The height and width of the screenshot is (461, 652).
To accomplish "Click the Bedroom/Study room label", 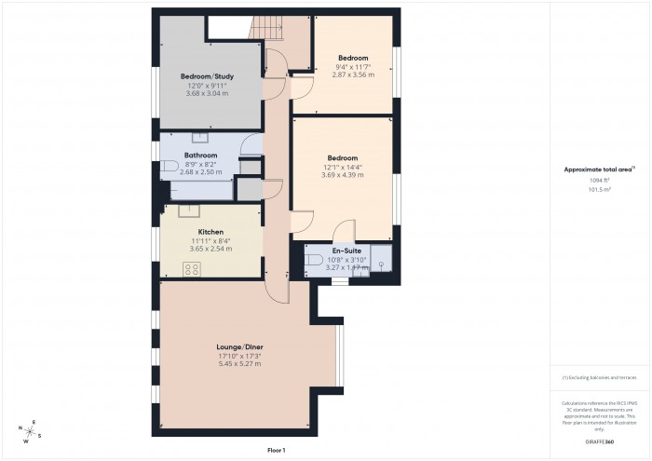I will (x=207, y=76).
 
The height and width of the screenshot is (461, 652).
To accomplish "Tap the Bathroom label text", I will (x=200, y=156).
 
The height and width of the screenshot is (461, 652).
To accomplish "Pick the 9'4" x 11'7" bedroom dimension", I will (x=351, y=66).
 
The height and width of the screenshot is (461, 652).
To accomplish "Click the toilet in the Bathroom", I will (x=170, y=167).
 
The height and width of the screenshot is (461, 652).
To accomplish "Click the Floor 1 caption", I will (x=276, y=450).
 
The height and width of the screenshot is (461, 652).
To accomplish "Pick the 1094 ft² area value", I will (x=600, y=180).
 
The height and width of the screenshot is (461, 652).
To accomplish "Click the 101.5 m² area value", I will (x=600, y=189).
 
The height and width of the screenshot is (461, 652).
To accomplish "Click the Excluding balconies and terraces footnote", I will (x=600, y=377).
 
